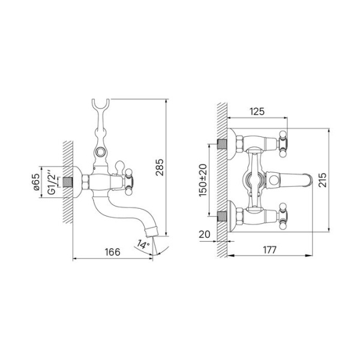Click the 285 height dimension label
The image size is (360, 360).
pyautogui.click(x=159, y=170)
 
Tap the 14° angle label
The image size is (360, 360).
pyautogui.click(x=142, y=244)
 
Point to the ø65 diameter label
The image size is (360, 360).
pyautogui.click(x=36, y=184)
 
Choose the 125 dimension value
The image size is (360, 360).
pyautogui.click(x=257, y=112)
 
